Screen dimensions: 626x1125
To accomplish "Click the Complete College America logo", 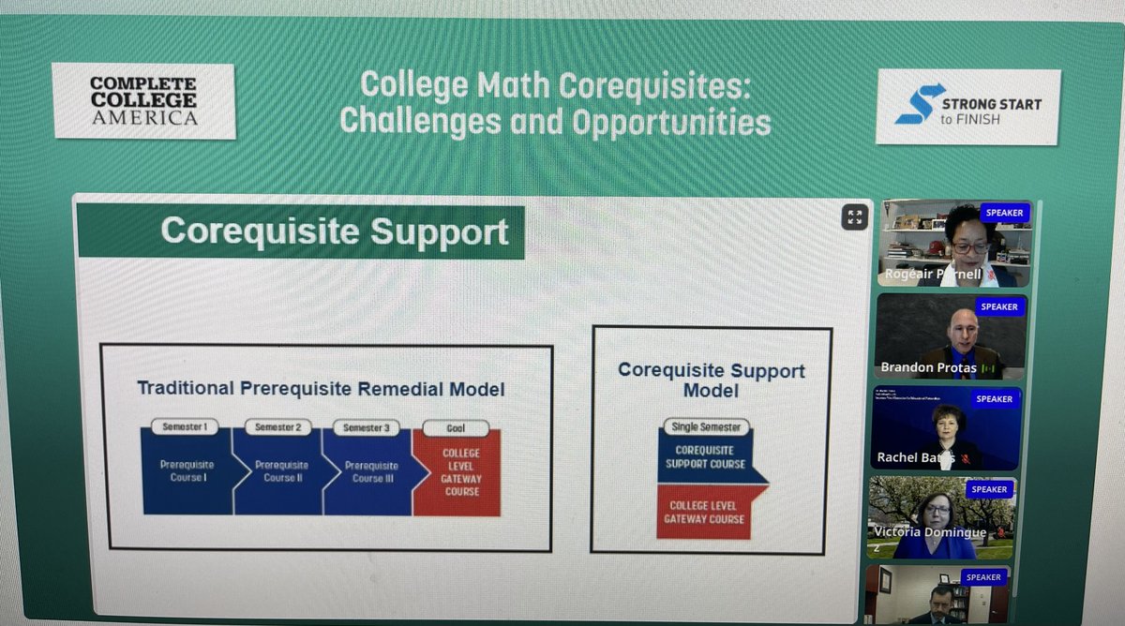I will [x=142, y=101].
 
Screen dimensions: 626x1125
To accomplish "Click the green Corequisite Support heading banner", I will [x=300, y=231].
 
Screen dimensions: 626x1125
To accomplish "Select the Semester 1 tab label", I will [x=185, y=427].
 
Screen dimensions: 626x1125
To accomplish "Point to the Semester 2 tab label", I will [x=277, y=427].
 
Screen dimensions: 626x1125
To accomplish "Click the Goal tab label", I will [x=455, y=428].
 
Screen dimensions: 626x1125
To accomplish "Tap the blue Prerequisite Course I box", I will [x=185, y=471].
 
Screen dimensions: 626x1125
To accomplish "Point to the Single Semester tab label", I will [x=706, y=426].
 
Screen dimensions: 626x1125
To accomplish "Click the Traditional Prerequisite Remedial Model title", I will [x=321, y=388].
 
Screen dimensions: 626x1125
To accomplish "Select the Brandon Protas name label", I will [x=928, y=367].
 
